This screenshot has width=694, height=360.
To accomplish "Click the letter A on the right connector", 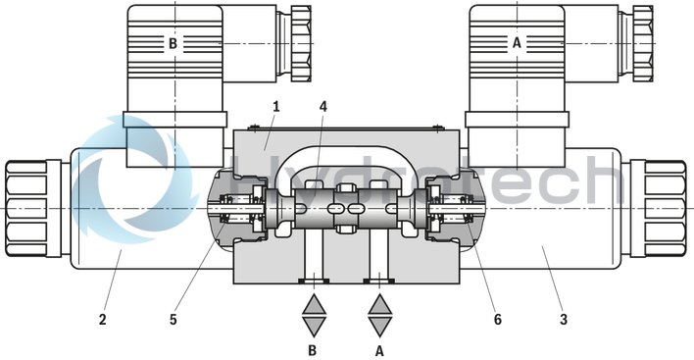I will (517, 42).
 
